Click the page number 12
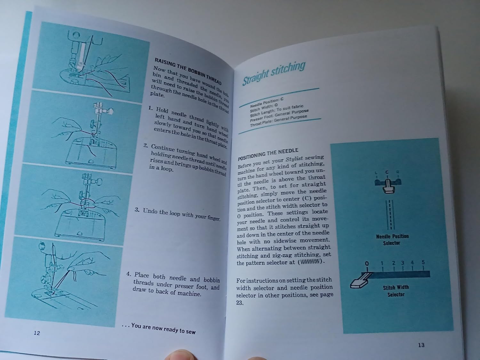37,333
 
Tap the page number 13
421,345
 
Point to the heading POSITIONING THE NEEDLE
268,154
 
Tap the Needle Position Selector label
392,240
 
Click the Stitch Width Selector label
396,291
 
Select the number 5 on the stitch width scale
423,262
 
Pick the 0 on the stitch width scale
367,263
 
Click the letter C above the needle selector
387,172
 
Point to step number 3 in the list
137,210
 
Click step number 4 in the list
129,274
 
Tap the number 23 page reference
240,303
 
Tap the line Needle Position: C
267,102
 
